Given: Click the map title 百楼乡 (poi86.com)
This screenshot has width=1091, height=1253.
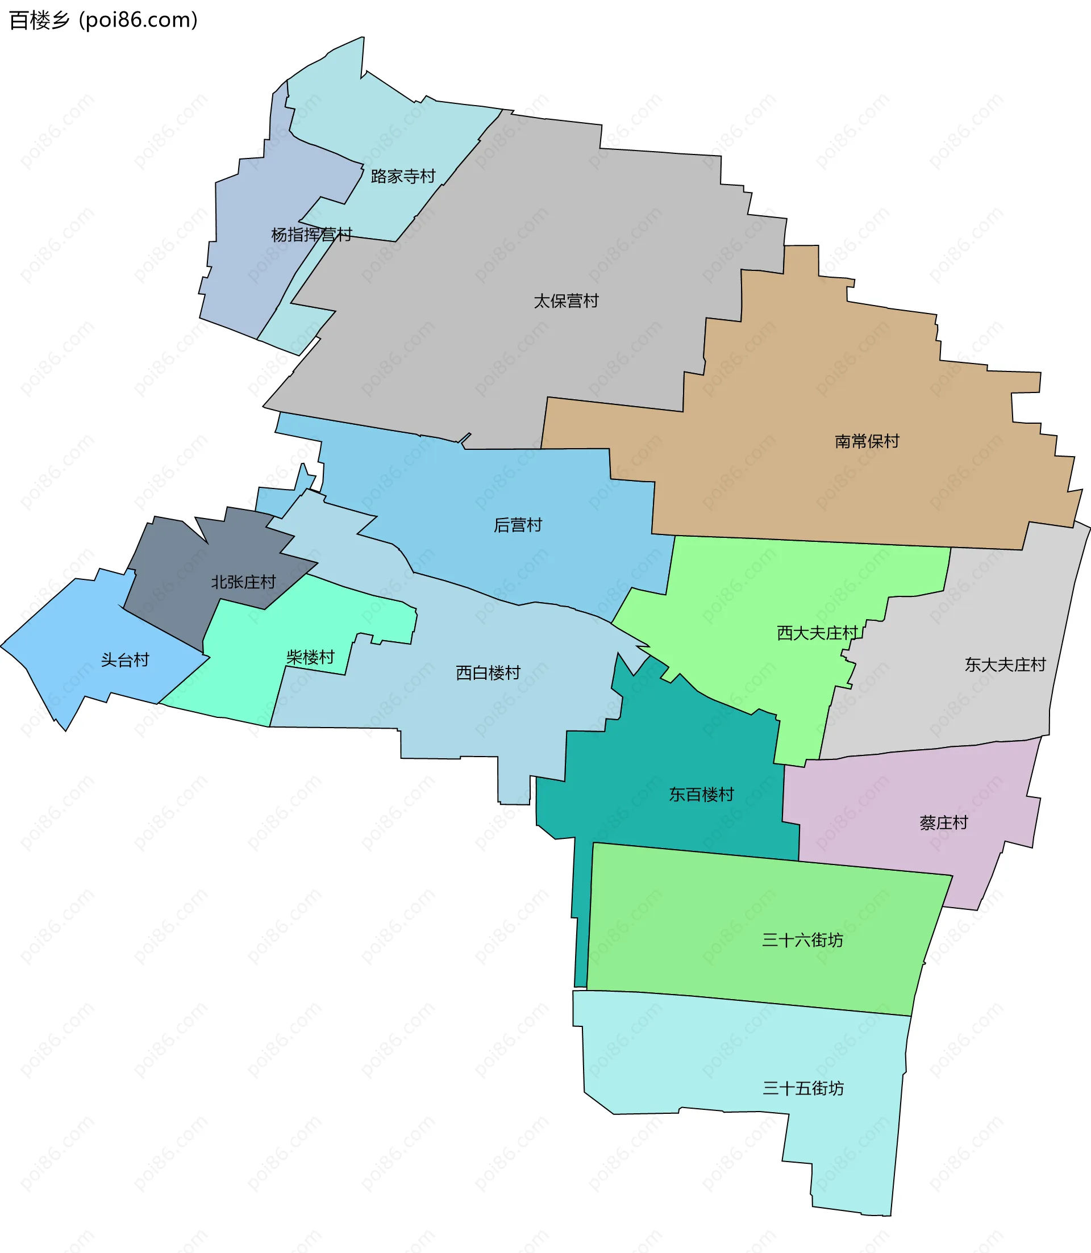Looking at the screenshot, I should pyautogui.click(x=103, y=20).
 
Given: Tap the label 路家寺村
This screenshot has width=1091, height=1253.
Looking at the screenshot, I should pyautogui.click(x=403, y=177).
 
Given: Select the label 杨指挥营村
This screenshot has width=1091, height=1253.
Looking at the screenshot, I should pyautogui.click(x=311, y=235).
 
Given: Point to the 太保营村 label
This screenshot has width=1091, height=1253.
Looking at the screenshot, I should pyautogui.click(x=565, y=301).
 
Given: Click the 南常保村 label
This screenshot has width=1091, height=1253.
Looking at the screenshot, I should pyautogui.click(x=867, y=441).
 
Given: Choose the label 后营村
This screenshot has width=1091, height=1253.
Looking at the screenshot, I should pyautogui.click(x=518, y=525).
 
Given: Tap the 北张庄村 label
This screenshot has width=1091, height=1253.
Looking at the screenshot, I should pyautogui.click(x=243, y=582).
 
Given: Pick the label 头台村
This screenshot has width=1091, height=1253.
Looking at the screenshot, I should pyautogui.click(x=125, y=660).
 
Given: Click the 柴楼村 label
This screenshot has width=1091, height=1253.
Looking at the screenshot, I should pyautogui.click(x=310, y=657).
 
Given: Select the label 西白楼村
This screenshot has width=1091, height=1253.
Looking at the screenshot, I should pyautogui.click(x=488, y=673).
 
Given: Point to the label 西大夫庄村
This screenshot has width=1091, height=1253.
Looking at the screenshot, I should pyautogui.click(x=817, y=633).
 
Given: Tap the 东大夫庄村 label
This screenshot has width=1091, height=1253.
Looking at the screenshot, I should pyautogui.click(x=1005, y=665).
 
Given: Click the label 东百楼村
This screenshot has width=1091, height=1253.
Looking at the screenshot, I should pyautogui.click(x=701, y=795).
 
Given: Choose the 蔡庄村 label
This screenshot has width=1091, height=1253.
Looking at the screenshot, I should pyautogui.click(x=943, y=824).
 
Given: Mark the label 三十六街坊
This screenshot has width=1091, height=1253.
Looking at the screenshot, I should pyautogui.click(x=802, y=940).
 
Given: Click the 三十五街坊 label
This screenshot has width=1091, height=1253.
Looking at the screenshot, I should pyautogui.click(x=802, y=1088).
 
